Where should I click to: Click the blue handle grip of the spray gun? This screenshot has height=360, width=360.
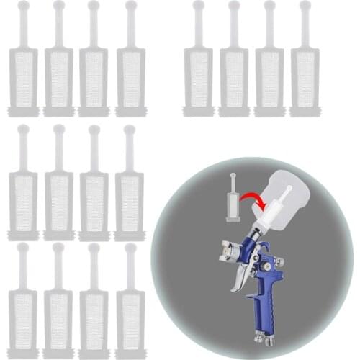pyautogui.click(x=259, y=302)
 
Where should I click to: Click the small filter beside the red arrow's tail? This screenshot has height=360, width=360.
pyautogui.click(x=233, y=202)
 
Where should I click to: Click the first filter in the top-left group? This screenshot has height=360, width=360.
pyautogui.click(x=23, y=72)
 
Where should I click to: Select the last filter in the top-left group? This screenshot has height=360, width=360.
pyautogui.click(x=130, y=72)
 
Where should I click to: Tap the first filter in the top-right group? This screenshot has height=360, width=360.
pyautogui.click(x=198, y=72)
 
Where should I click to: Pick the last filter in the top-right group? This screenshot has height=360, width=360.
pyautogui.click(x=305, y=72)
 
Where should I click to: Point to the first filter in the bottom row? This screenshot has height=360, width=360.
pyautogui.click(x=23, y=310)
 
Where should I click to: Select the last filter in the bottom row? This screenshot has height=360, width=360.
pyautogui.click(x=130, y=310)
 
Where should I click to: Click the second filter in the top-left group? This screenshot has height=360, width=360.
pyautogui.click(x=58, y=72)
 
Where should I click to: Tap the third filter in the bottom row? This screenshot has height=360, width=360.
pyautogui.click(x=94, y=310)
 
